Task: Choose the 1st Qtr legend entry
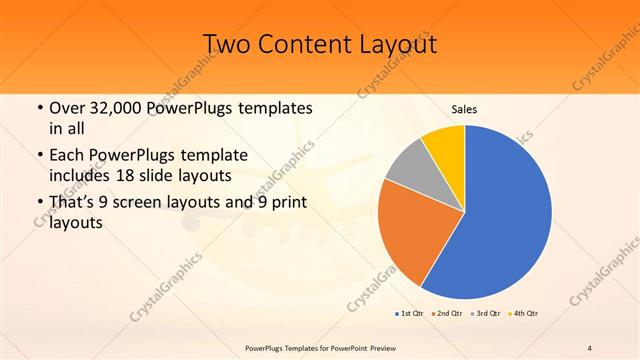coord(411,314)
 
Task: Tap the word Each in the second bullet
coord(67,156)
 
